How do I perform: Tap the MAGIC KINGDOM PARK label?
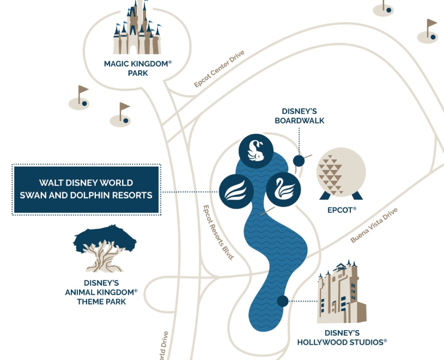pos(138,68)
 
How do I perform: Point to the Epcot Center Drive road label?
pos(219,69)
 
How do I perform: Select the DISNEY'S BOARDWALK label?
pos(299,115)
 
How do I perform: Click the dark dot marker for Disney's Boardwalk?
pos(299,161)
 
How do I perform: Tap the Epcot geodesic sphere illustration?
pos(341,174)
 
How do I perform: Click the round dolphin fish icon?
pos(256,150)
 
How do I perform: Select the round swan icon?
pos(283,188)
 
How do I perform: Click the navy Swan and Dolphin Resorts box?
pos(86,189)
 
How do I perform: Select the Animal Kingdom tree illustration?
pos(105,248)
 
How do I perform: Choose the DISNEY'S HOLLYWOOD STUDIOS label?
pos(342,337)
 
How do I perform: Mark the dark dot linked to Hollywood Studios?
pos(282,301)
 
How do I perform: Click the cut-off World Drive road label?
pos(163,346)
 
